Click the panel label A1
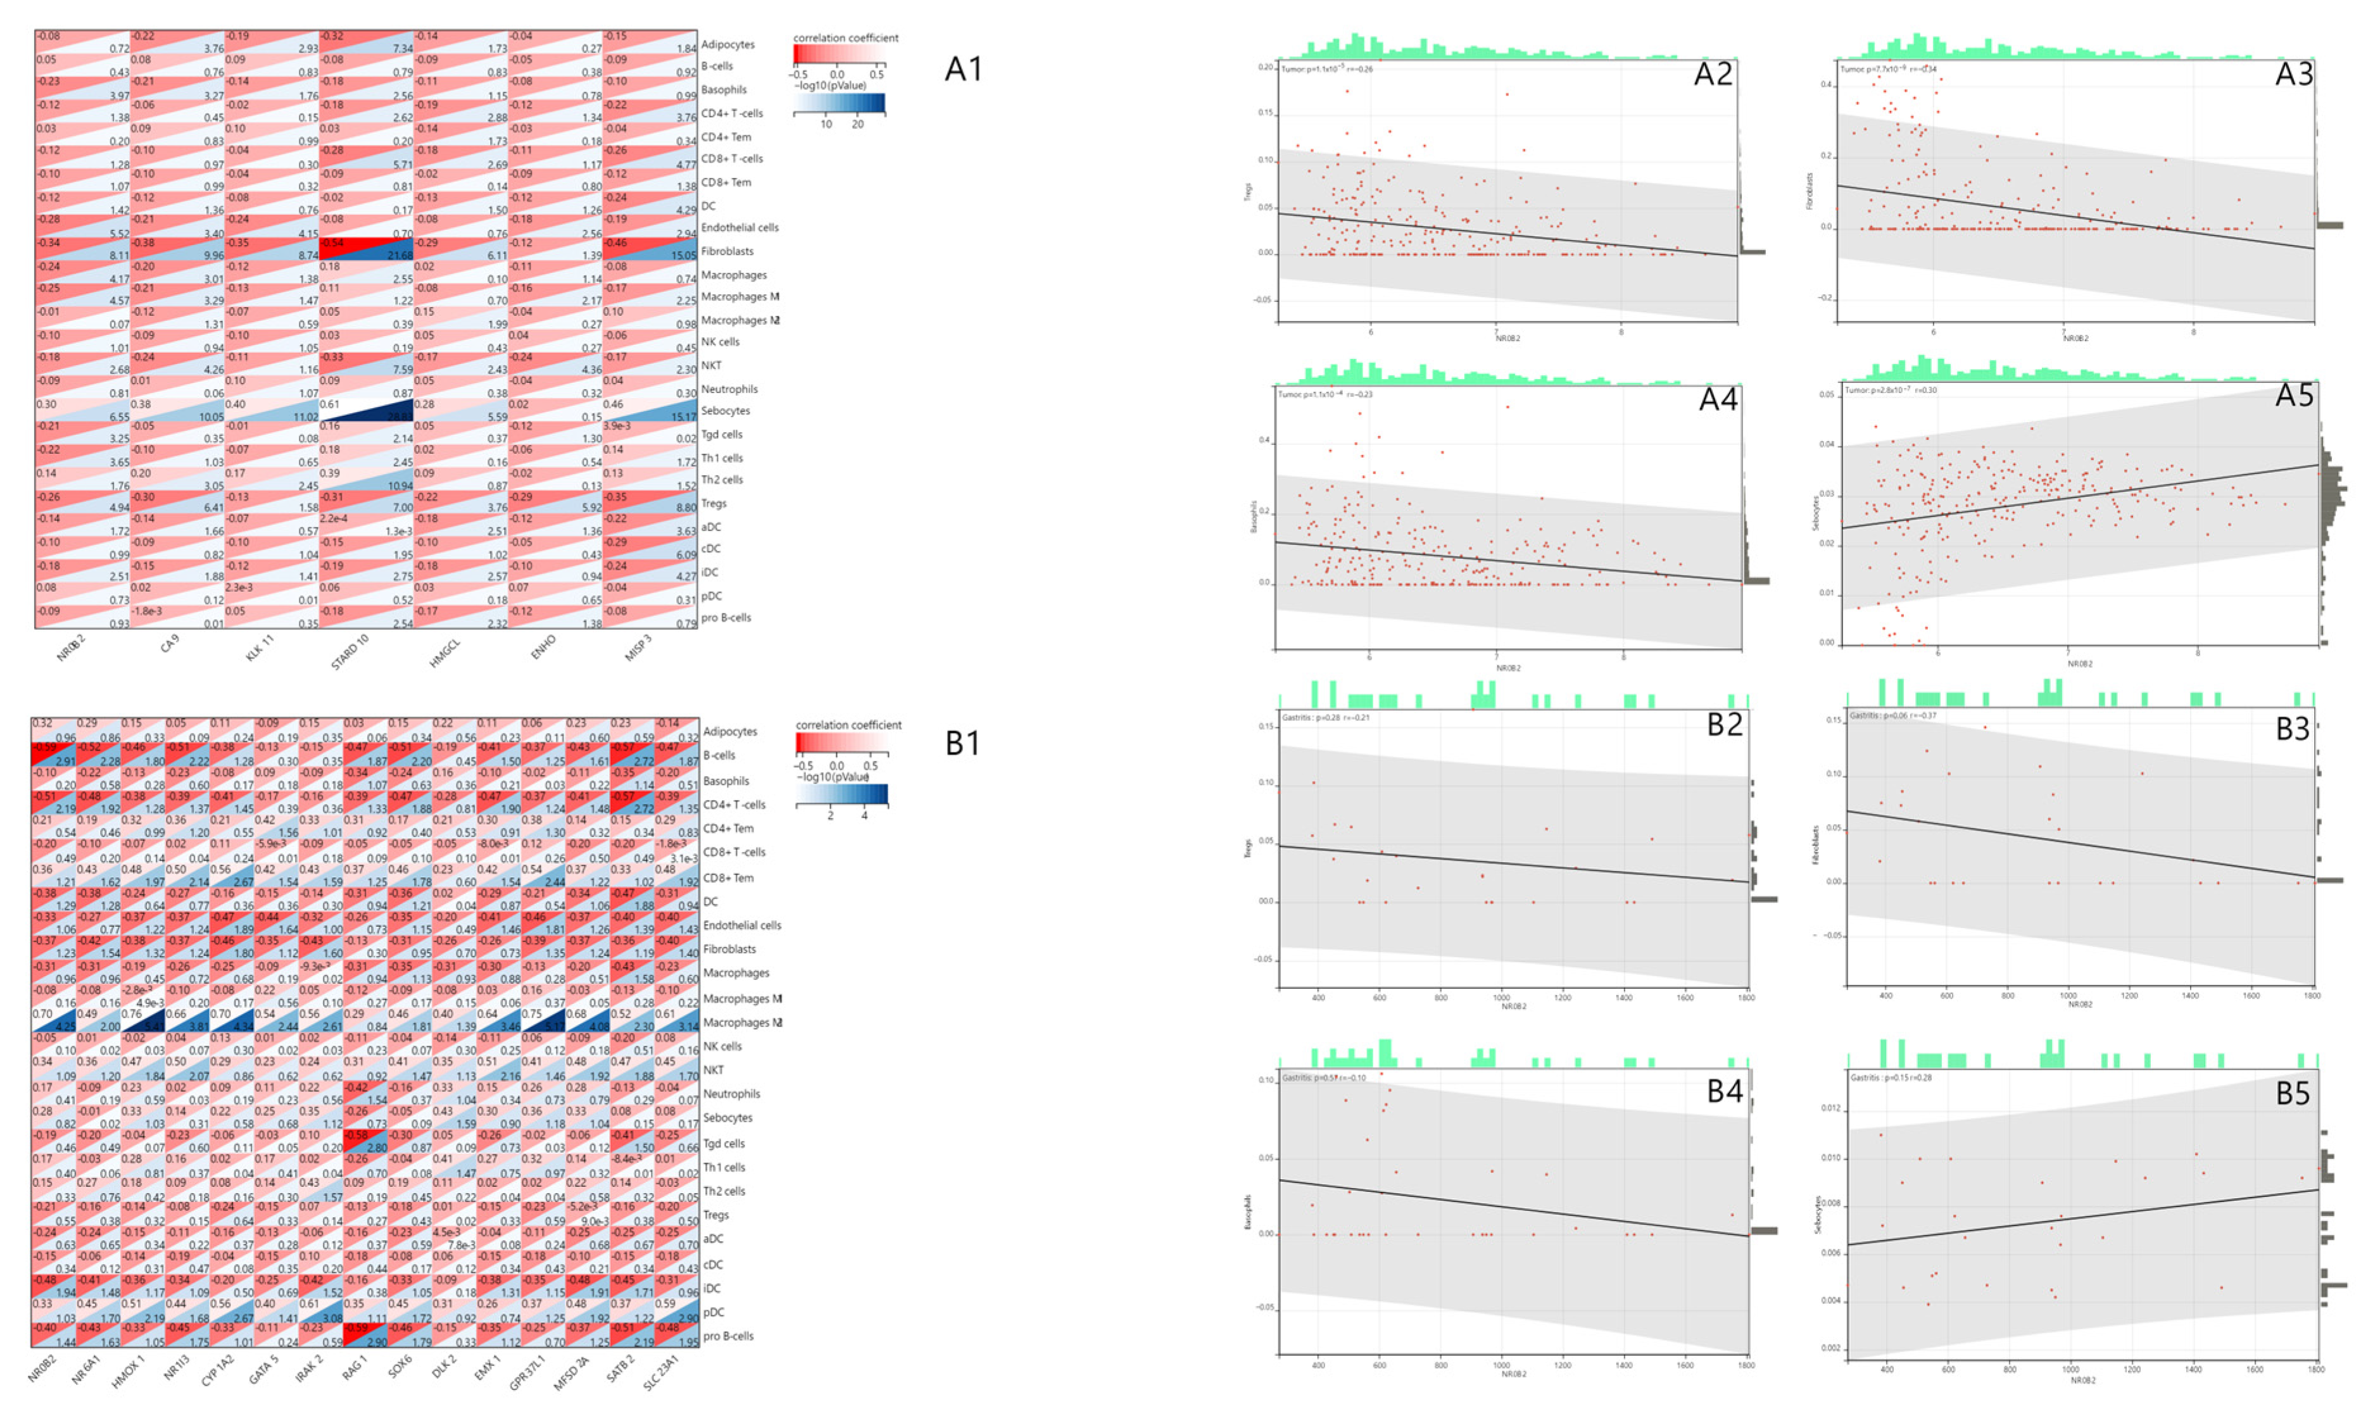(963, 70)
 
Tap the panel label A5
(2294, 395)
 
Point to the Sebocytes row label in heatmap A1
(725, 411)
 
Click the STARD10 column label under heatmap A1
(349, 653)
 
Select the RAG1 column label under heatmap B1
(354, 1369)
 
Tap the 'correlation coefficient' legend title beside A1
(845, 38)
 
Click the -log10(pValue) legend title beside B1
(831, 777)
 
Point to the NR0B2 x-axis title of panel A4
(1508, 668)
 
